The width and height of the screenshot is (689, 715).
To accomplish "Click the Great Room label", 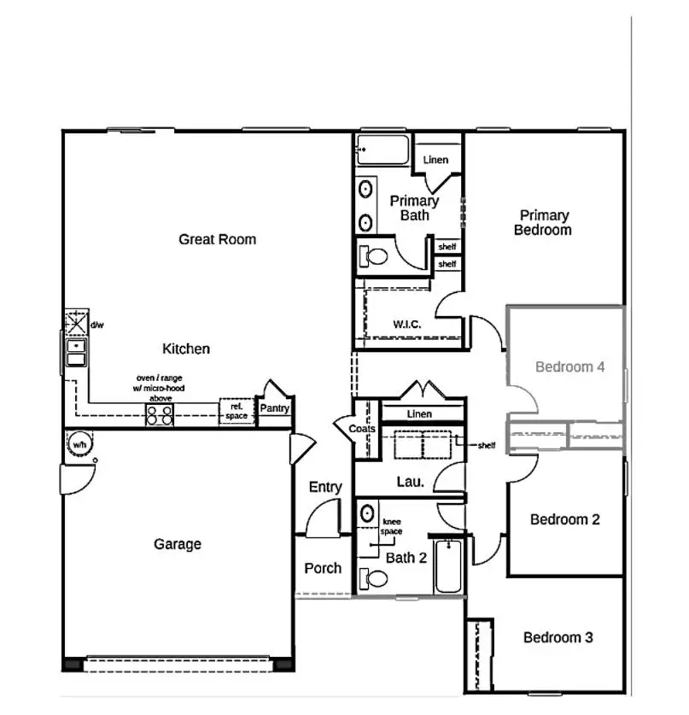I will point(217,239).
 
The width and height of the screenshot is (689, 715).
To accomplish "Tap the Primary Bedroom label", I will point(544,223).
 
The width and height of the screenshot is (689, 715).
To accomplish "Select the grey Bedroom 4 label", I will point(569,366).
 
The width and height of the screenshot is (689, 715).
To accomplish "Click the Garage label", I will point(178,543).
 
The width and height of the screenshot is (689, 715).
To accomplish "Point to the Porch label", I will point(323,568).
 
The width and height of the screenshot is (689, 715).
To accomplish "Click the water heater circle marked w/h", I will point(79,445).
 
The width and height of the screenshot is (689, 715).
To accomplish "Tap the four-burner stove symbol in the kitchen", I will point(160,414).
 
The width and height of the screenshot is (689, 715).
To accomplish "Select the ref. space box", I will point(236,411).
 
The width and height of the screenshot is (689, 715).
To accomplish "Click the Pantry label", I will point(275,409).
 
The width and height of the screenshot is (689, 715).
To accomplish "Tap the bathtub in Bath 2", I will point(448,567).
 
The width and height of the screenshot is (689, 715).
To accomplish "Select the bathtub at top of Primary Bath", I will point(383,149).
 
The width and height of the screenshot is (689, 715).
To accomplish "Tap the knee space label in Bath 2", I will point(392,525).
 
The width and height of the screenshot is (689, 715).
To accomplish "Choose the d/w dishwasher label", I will point(97,325).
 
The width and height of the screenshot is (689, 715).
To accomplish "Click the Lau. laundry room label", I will point(411,482).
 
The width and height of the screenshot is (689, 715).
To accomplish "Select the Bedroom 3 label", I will point(558,637).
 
